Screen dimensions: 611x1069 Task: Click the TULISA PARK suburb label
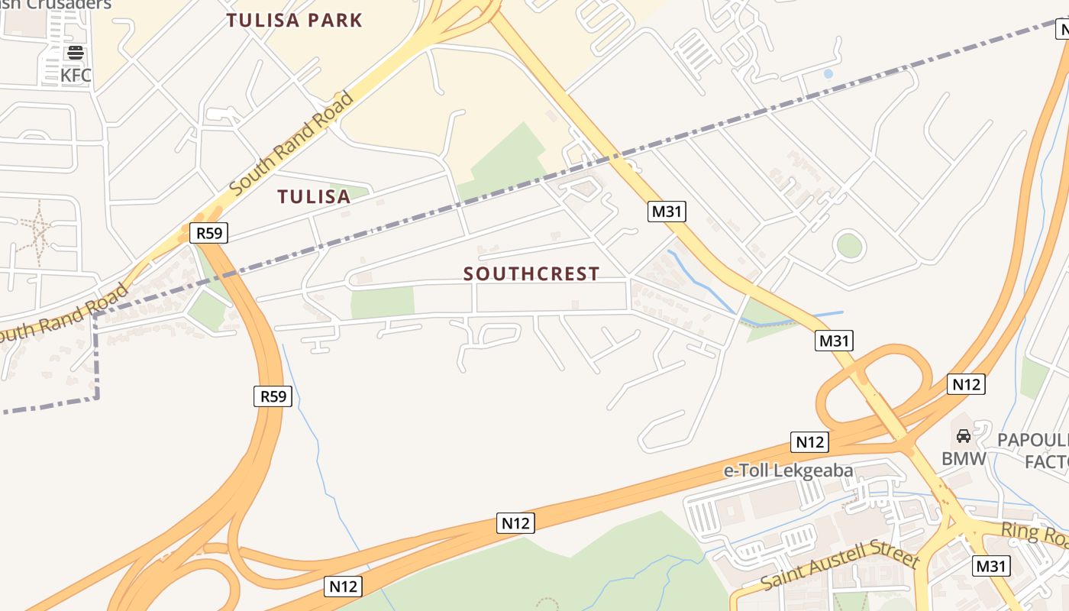click(294, 21)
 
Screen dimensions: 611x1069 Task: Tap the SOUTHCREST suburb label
click(531, 273)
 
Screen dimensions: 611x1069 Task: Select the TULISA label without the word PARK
click(314, 197)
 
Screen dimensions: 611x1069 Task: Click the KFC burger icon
click(76, 53)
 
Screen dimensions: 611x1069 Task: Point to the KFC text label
click(76, 76)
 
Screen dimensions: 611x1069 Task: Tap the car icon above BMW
click(964, 436)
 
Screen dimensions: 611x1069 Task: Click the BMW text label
click(964, 459)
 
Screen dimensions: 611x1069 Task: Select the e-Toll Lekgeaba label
click(788, 470)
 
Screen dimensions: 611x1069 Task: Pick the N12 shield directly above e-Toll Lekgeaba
click(809, 441)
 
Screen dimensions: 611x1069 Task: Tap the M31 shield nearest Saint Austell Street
click(991, 566)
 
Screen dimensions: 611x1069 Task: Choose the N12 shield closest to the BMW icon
click(966, 384)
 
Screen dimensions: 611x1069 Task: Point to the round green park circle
click(848, 246)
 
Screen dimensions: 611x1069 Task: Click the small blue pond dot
click(828, 74)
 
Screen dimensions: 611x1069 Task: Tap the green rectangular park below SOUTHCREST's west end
click(383, 302)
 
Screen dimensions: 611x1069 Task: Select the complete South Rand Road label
click(292, 143)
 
